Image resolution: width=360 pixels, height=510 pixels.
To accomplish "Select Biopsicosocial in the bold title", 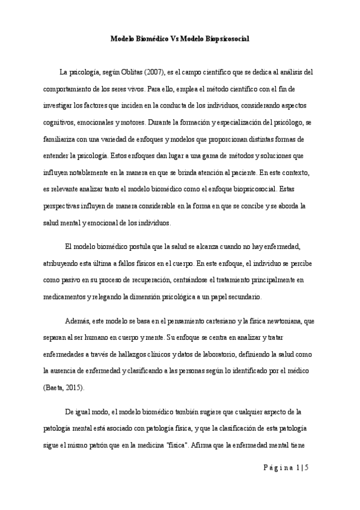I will [x=225, y=38].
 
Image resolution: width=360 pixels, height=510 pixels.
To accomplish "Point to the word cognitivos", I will [x=59, y=122].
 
